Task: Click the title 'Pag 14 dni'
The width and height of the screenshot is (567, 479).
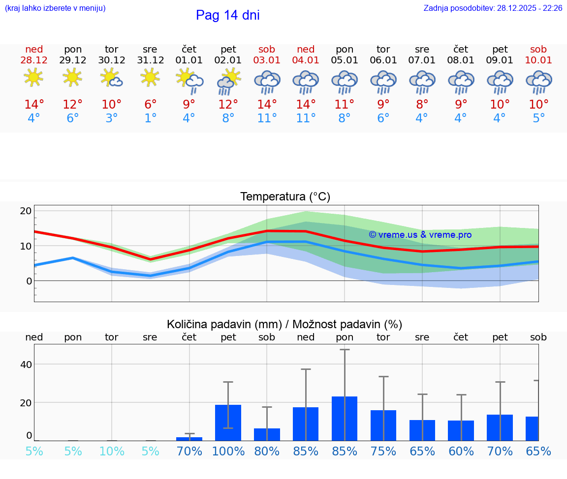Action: click(x=227, y=15)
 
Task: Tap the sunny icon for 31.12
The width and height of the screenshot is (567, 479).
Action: click(x=150, y=77)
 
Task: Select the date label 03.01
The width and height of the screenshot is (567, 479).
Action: click(x=267, y=60)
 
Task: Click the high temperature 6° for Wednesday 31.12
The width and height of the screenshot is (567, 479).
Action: click(x=150, y=105)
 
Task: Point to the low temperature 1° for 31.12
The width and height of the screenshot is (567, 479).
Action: click(x=150, y=118)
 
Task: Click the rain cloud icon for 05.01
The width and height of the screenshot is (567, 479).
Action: click(x=345, y=82)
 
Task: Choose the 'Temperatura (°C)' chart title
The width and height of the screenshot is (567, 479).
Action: click(x=285, y=197)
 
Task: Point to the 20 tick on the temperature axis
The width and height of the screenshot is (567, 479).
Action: click(x=26, y=211)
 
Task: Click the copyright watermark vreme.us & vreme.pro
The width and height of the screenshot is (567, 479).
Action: click(x=420, y=235)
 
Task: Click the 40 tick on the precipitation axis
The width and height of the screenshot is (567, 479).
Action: click(x=26, y=364)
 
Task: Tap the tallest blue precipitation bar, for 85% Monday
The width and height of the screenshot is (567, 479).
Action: click(x=345, y=418)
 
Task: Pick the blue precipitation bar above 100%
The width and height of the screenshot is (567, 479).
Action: click(x=228, y=423)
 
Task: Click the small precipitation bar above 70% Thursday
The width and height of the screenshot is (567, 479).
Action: click(x=189, y=439)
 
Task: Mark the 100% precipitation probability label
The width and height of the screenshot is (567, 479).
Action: click(x=228, y=451)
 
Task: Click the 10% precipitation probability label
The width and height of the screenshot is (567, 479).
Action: click(x=112, y=451)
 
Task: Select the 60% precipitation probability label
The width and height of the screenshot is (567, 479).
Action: click(x=461, y=451)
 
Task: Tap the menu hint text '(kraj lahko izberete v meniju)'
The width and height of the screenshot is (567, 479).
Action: click(x=55, y=8)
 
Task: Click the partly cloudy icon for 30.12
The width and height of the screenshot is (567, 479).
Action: click(x=112, y=78)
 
